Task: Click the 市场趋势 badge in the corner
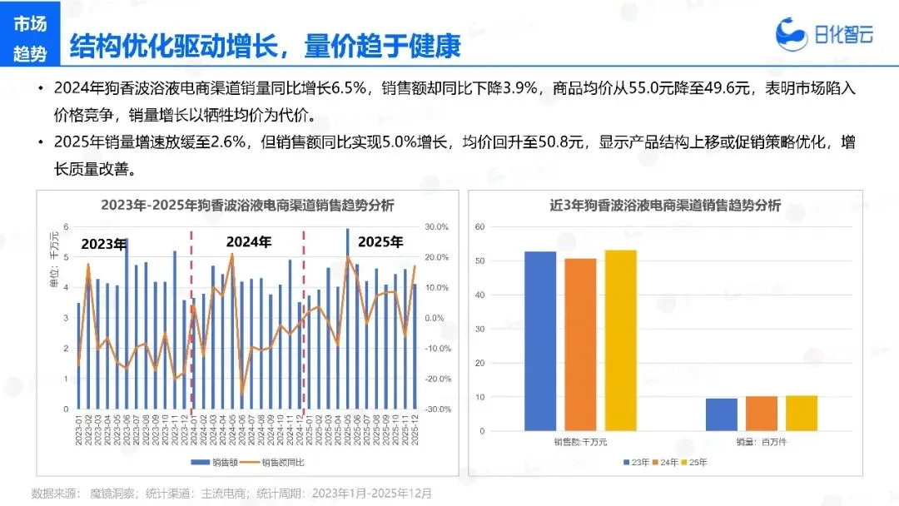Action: [31, 39]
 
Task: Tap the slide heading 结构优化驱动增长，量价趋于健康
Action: [265, 45]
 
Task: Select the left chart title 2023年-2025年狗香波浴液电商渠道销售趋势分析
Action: [247, 205]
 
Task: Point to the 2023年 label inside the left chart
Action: [103, 244]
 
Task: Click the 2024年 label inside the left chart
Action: [250, 242]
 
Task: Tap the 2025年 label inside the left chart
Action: [380, 242]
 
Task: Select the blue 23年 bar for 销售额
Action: [540, 340]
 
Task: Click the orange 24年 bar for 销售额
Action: [580, 344]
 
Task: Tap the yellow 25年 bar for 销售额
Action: [620, 340]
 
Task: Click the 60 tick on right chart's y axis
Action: [479, 226]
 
